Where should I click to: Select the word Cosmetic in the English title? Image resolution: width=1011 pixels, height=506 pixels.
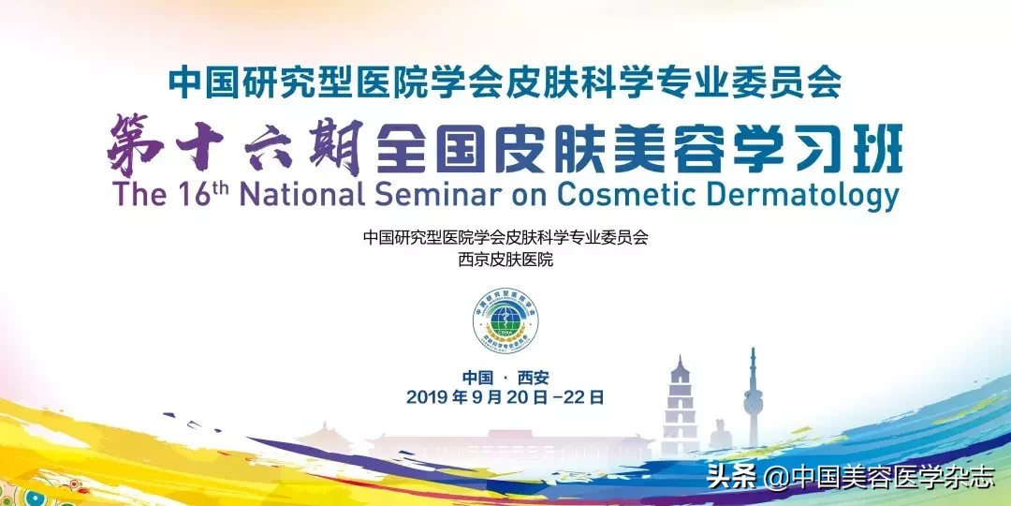pos(625,196)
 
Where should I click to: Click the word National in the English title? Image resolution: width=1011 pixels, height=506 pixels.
pos(300,196)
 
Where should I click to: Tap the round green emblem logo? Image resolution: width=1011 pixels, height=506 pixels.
pos(505,320)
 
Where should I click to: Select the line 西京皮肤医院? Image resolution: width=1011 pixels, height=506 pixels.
pos(505,260)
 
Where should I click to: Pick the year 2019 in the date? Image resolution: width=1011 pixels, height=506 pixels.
pos(427,397)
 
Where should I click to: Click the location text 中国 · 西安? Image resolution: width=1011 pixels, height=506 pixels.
pos(505,378)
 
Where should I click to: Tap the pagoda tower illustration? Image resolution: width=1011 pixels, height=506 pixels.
pos(681,403)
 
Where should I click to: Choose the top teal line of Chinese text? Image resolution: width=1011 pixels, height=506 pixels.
pos(505,83)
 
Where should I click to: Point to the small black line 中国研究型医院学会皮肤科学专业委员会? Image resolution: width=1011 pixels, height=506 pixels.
pos(505,237)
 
